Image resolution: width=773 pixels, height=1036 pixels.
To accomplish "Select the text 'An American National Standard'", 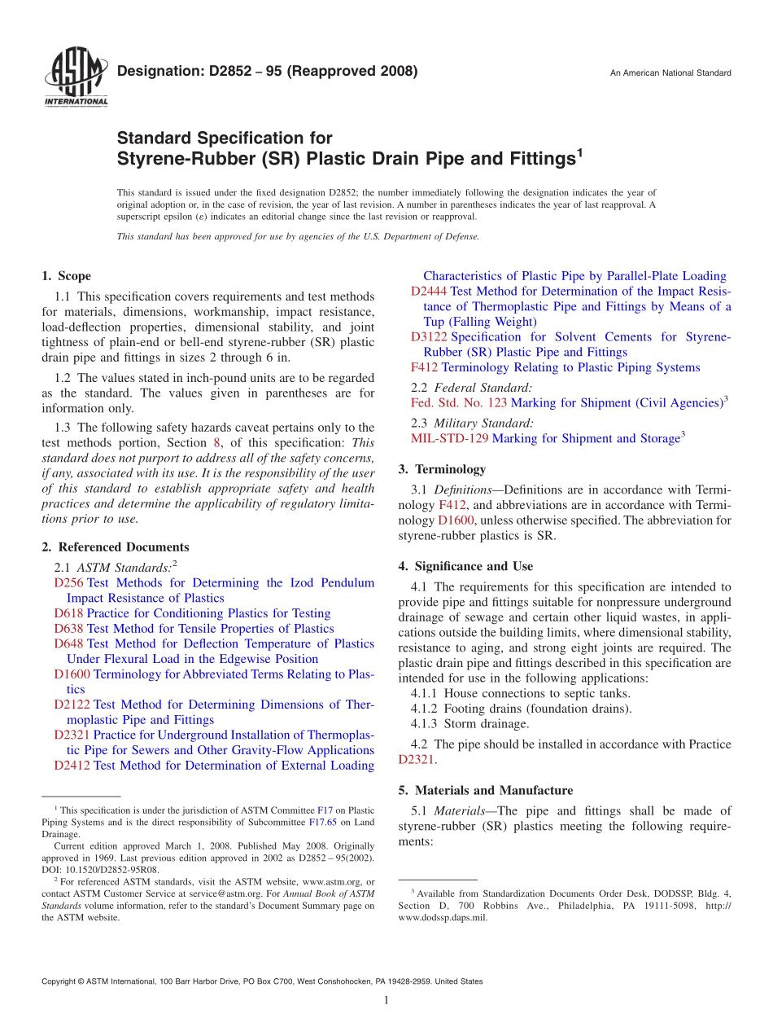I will [x=670, y=73].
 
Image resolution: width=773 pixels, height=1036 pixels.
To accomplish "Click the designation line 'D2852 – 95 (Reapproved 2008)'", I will [x=268, y=71].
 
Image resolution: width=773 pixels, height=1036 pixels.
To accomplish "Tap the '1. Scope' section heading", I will [x=66, y=276].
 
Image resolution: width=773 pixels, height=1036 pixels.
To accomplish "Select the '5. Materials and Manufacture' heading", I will [x=485, y=790].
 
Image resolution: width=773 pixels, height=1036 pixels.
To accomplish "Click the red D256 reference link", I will [x=68, y=583].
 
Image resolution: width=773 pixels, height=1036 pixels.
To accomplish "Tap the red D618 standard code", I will [x=68, y=613].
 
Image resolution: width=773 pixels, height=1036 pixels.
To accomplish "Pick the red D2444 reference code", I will [x=428, y=292].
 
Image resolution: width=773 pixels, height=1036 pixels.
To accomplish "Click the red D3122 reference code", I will [x=428, y=337].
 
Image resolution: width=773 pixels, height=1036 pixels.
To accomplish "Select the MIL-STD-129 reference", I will [x=450, y=439].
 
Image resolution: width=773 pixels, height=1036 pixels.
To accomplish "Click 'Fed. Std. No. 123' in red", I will [x=459, y=403].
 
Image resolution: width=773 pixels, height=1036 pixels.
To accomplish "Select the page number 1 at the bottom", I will [x=386, y=1000].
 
